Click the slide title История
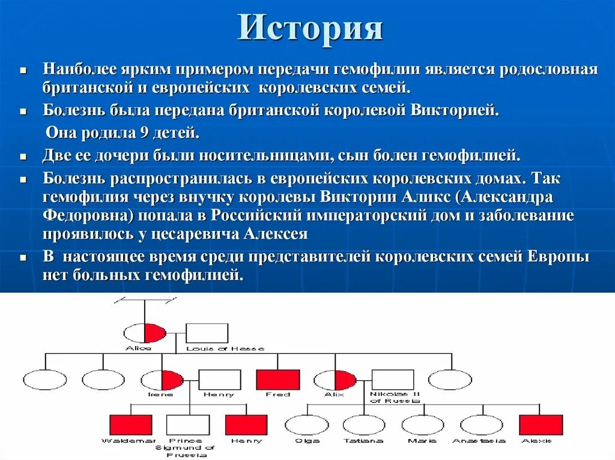(x=310, y=28)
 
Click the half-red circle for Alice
(x=144, y=333)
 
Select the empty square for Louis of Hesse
(x=207, y=333)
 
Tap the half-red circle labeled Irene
(x=162, y=380)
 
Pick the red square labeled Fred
(x=277, y=380)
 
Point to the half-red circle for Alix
(x=335, y=380)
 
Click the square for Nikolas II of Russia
(x=393, y=380)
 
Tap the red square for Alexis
(x=541, y=425)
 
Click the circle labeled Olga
(x=306, y=425)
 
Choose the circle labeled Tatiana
(x=364, y=425)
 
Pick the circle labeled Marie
(x=422, y=425)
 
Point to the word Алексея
(x=275, y=233)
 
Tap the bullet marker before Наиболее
(x=23, y=71)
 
